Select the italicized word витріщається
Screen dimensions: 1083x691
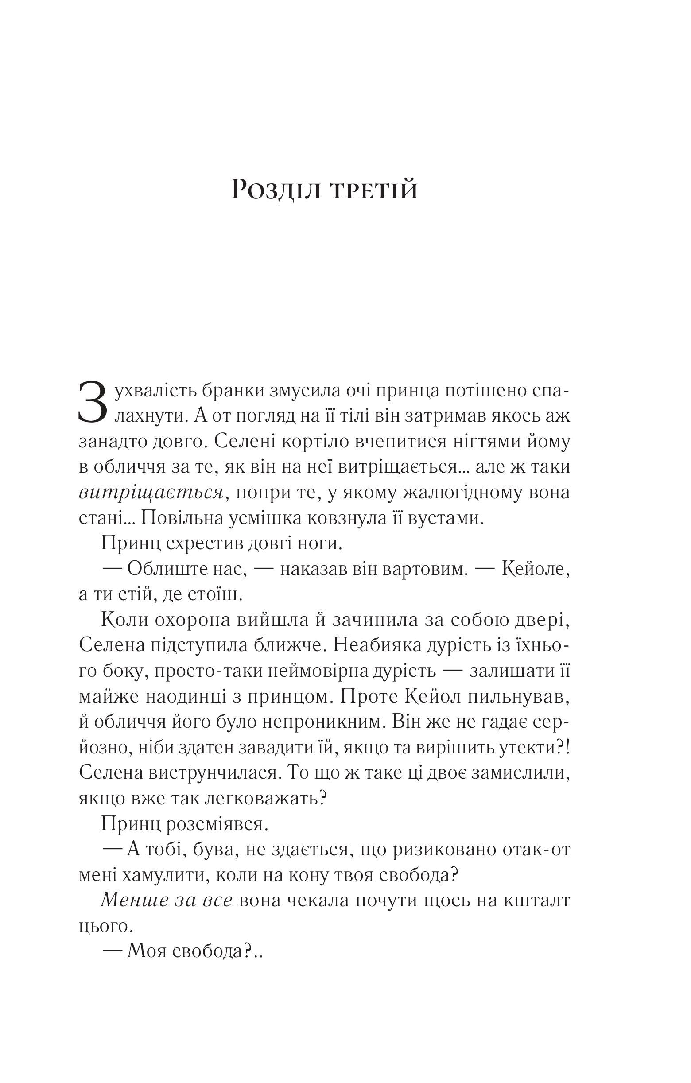coord(151,493)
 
